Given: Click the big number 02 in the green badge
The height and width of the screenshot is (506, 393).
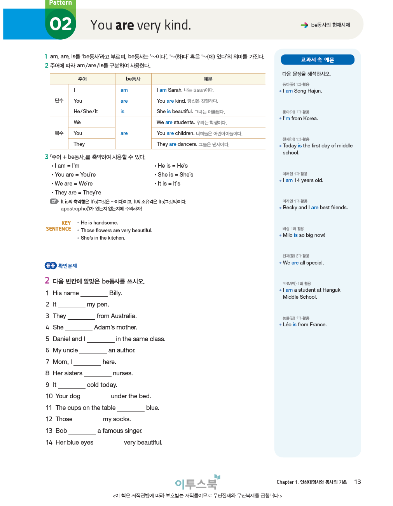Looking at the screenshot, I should tap(61, 24).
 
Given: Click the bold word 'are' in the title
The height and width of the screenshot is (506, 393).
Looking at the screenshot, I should tap(125, 25).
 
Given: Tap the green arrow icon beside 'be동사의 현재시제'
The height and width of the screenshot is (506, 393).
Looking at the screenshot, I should tap(304, 25).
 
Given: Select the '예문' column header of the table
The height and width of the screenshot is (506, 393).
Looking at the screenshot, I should tap(208, 79).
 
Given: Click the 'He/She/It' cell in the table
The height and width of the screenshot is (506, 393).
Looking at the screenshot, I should tap(86, 112).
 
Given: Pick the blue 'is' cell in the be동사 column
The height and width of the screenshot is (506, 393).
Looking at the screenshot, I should tap(122, 112).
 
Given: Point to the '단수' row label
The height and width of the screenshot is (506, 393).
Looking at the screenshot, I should tap(59, 101).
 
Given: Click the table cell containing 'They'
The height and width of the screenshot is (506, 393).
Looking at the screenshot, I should tap(79, 144).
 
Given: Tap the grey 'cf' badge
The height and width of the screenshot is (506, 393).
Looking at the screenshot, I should tap(54, 201).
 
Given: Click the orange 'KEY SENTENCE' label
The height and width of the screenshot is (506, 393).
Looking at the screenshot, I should tap(59, 226).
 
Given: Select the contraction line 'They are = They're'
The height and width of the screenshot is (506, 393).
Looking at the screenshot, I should tap(78, 193).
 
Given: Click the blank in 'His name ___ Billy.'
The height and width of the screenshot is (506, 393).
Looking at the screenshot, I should tap(94, 294).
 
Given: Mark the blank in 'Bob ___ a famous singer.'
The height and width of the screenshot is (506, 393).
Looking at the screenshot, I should tap(82, 431).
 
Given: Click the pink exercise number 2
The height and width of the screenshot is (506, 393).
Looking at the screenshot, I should tap(47, 280).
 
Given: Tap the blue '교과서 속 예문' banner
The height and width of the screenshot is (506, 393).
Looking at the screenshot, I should tap(317, 60).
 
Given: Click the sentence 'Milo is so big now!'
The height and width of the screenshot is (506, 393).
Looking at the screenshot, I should tap(304, 235).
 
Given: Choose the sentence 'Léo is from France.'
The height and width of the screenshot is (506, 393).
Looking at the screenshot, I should tap(304, 325).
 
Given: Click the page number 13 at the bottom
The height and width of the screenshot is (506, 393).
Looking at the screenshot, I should tap(357, 482).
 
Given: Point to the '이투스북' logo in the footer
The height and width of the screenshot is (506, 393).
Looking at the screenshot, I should tap(197, 483).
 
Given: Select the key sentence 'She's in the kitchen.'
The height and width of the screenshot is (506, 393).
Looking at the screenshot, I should tap(103, 238).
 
